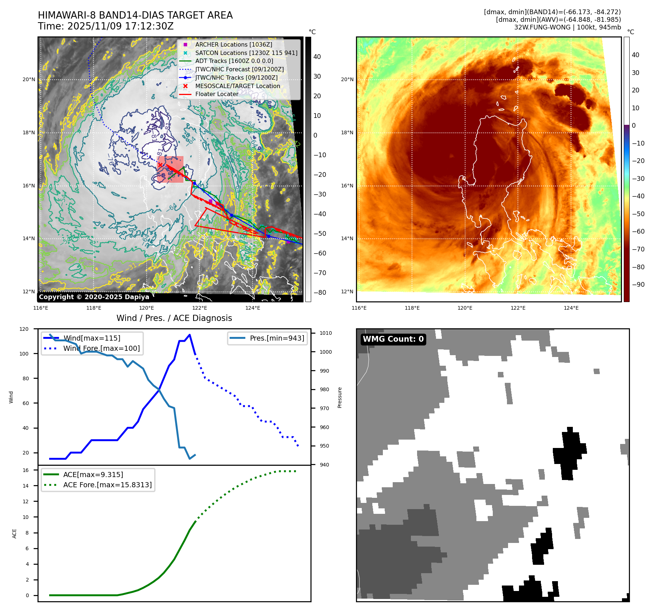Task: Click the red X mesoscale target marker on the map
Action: click(160, 165)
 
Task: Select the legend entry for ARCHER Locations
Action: click(233, 44)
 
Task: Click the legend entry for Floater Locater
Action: click(217, 94)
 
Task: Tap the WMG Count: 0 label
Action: click(393, 339)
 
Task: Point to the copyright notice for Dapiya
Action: click(94, 297)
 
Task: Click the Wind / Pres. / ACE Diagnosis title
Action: click(174, 318)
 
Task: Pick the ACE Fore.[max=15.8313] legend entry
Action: click(107, 485)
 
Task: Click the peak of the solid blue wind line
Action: click(190, 335)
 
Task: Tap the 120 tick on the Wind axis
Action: click(24, 329)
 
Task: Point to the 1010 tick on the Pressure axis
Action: click(326, 333)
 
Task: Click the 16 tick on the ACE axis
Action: click(25, 470)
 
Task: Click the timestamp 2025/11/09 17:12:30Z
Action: click(120, 26)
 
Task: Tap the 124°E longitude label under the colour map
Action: click(571, 308)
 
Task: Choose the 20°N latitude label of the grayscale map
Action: click(29, 80)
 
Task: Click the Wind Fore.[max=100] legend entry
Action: click(101, 348)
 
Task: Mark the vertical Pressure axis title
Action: click(340, 397)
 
